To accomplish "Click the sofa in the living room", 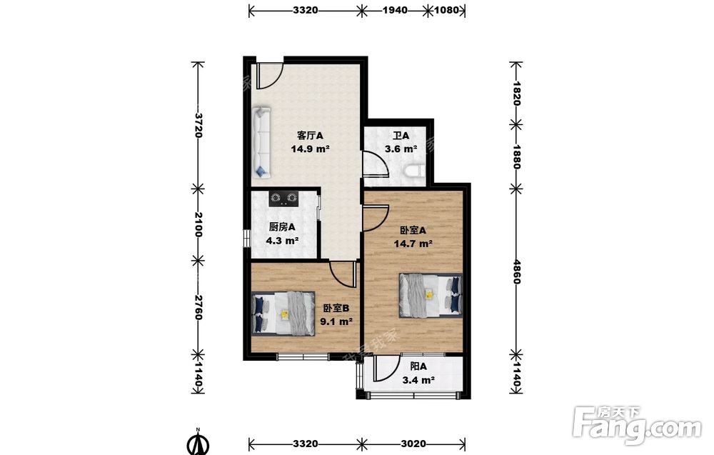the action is [262, 143].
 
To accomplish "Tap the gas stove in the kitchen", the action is [283, 198].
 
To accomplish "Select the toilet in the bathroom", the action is [413, 171].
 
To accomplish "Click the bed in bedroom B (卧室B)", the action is [283, 314].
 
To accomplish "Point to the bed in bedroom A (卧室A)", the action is [431, 295].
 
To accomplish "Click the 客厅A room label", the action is [310, 136].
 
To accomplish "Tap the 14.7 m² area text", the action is [413, 244].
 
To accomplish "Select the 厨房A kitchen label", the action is [282, 227].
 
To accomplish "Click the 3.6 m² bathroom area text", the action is [401, 149].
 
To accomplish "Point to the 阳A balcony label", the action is [418, 366].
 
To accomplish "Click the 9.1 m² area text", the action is [336, 321].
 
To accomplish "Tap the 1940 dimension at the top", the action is [395, 10].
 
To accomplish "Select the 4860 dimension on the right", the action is [516, 272].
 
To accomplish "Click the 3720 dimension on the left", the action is [198, 125].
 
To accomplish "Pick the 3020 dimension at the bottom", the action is [413, 444].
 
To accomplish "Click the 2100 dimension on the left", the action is [198, 224].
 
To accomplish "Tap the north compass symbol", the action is [198, 443].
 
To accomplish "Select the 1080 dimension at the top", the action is [447, 10].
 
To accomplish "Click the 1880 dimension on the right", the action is [516, 156].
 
